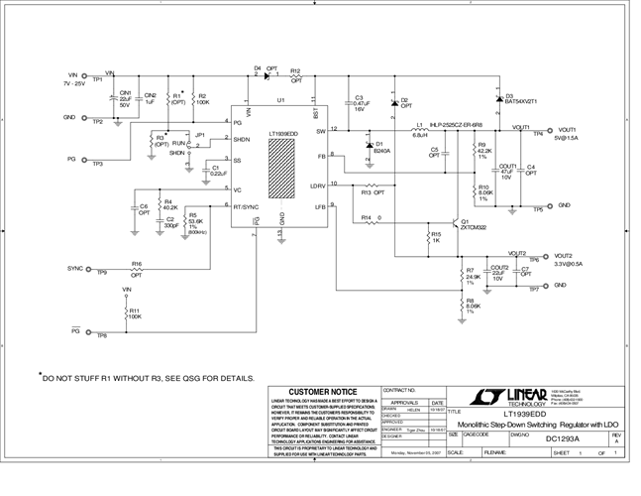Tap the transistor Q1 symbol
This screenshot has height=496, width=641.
click(452, 222)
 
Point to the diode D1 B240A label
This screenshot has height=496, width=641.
click(381, 152)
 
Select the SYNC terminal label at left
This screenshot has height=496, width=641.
click(75, 268)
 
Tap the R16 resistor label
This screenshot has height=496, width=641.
click(137, 264)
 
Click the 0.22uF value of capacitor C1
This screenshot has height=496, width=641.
click(219, 174)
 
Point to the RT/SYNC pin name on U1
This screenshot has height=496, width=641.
click(247, 207)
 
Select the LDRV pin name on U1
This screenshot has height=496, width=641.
click(318, 186)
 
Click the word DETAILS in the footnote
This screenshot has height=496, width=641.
click(234, 378)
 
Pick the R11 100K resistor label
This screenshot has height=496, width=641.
click(134, 313)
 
